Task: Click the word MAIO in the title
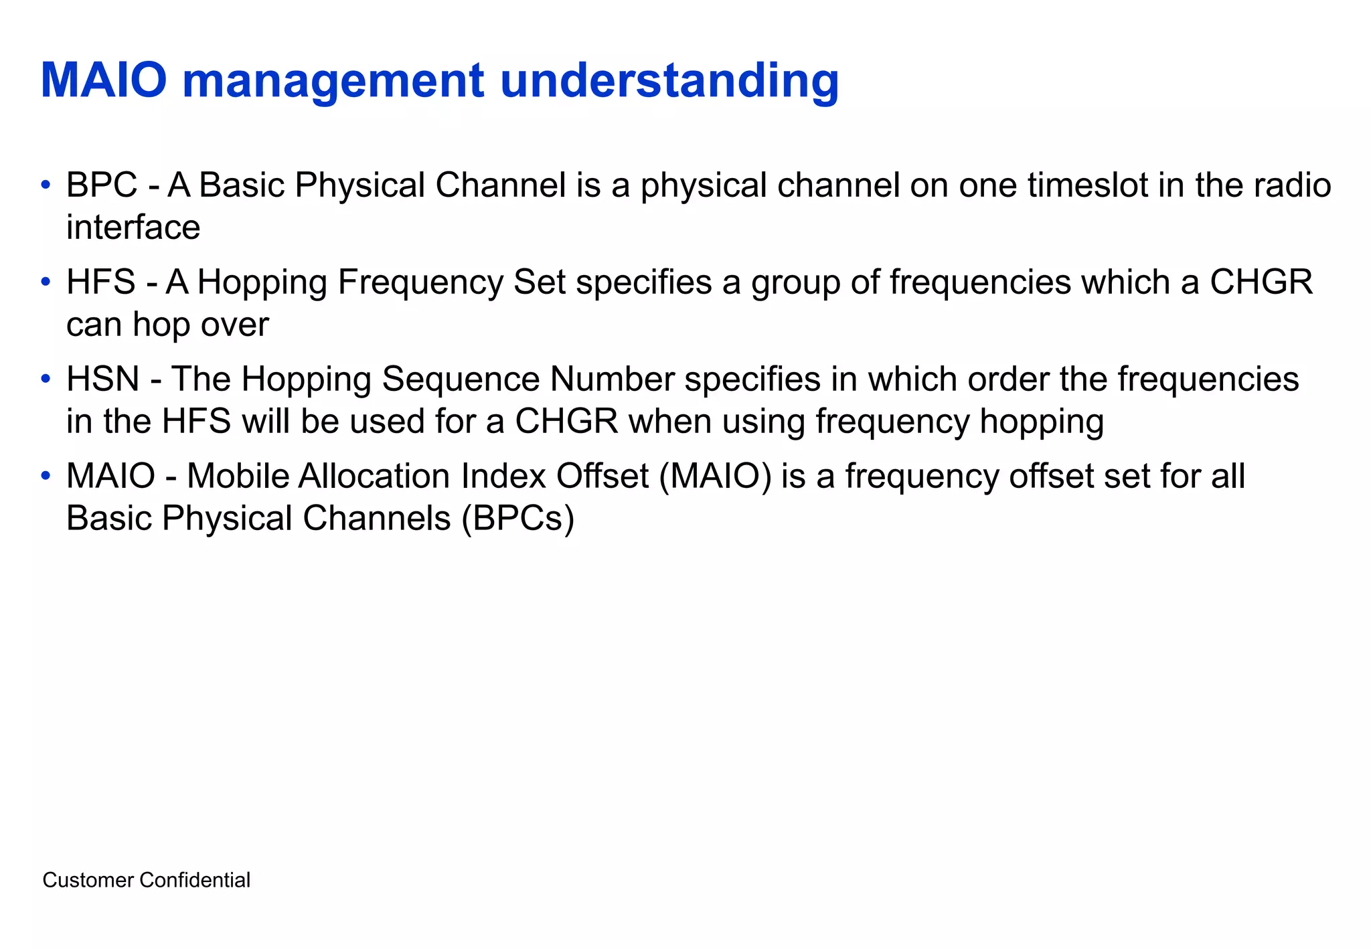pyautogui.click(x=104, y=80)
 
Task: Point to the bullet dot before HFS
pyautogui.click(x=45, y=282)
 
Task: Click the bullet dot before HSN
pyautogui.click(x=45, y=379)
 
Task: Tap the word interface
pyautogui.click(x=133, y=227)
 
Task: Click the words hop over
pyautogui.click(x=200, y=325)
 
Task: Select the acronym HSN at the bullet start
pyautogui.click(x=102, y=379)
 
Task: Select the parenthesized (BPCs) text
pyautogui.click(x=517, y=519)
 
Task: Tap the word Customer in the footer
pyautogui.click(x=88, y=880)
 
